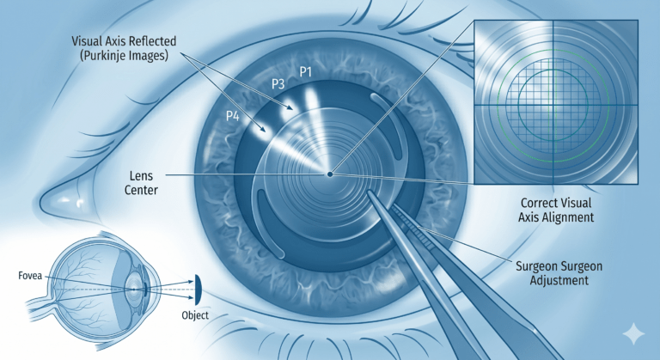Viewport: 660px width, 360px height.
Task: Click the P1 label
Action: pos(306,72)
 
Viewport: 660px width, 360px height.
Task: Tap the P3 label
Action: pos(278,84)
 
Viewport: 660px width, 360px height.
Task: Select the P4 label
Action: pos(233,116)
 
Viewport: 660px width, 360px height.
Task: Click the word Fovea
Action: pos(30,276)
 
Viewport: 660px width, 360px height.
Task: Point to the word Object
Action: pos(195,315)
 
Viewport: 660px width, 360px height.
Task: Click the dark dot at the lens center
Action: pos(330,174)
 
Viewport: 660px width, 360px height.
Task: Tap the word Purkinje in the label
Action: pos(112,56)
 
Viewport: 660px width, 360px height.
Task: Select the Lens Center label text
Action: pos(141,183)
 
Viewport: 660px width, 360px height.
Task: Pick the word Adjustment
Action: pos(559,280)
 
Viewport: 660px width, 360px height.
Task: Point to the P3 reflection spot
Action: pos(288,105)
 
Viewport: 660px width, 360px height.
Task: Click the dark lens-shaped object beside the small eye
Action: pos(198,290)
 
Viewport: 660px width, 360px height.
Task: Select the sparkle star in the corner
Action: pos(633,334)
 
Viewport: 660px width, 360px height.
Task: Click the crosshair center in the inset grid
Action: pos(553,105)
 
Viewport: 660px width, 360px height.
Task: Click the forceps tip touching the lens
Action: pos(370,192)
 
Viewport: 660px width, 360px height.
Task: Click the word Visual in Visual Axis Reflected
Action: pos(86,41)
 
